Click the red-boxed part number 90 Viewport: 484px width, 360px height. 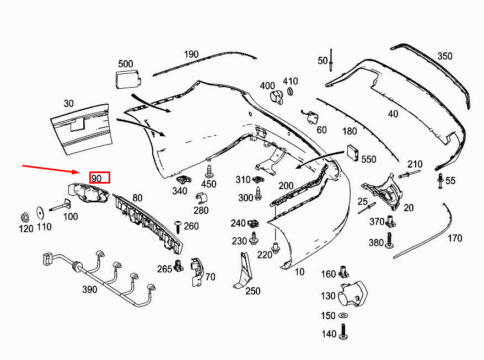pyautogui.click(x=100, y=178)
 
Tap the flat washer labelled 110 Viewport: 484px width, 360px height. pyautogui.click(x=40, y=211)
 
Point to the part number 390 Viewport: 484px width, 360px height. pyautogui.click(x=89, y=289)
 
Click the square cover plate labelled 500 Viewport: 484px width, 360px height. pyautogui.click(x=126, y=79)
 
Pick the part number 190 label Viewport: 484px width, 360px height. pyautogui.click(x=191, y=54)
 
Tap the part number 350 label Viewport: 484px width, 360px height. pyautogui.click(x=444, y=56)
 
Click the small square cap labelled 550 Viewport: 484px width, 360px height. pyautogui.click(x=352, y=154)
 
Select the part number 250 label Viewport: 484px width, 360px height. pyautogui.click(x=252, y=291)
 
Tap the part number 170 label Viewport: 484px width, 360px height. pyautogui.click(x=455, y=239)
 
